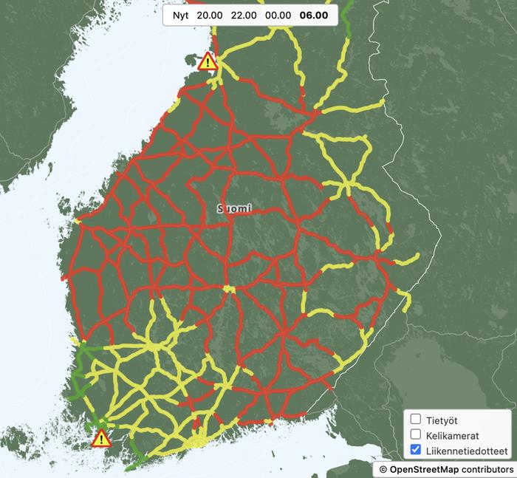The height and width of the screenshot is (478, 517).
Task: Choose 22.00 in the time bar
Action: click(244, 16)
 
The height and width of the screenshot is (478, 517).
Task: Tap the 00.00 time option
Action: click(278, 16)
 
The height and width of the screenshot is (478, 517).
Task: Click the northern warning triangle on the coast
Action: click(208, 61)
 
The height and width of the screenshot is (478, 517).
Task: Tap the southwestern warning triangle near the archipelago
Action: click(101, 439)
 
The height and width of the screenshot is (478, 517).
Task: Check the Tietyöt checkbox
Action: click(416, 420)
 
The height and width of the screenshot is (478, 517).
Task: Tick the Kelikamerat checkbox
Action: click(416, 434)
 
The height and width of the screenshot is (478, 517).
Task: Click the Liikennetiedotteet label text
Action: click(467, 450)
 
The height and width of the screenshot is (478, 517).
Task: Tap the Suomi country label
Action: click(234, 209)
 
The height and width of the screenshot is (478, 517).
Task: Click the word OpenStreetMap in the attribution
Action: click(422, 469)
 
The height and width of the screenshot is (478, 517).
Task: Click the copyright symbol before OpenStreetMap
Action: click(383, 469)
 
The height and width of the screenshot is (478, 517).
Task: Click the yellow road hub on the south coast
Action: click(198, 441)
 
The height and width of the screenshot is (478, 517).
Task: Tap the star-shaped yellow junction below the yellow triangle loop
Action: click(345, 185)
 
